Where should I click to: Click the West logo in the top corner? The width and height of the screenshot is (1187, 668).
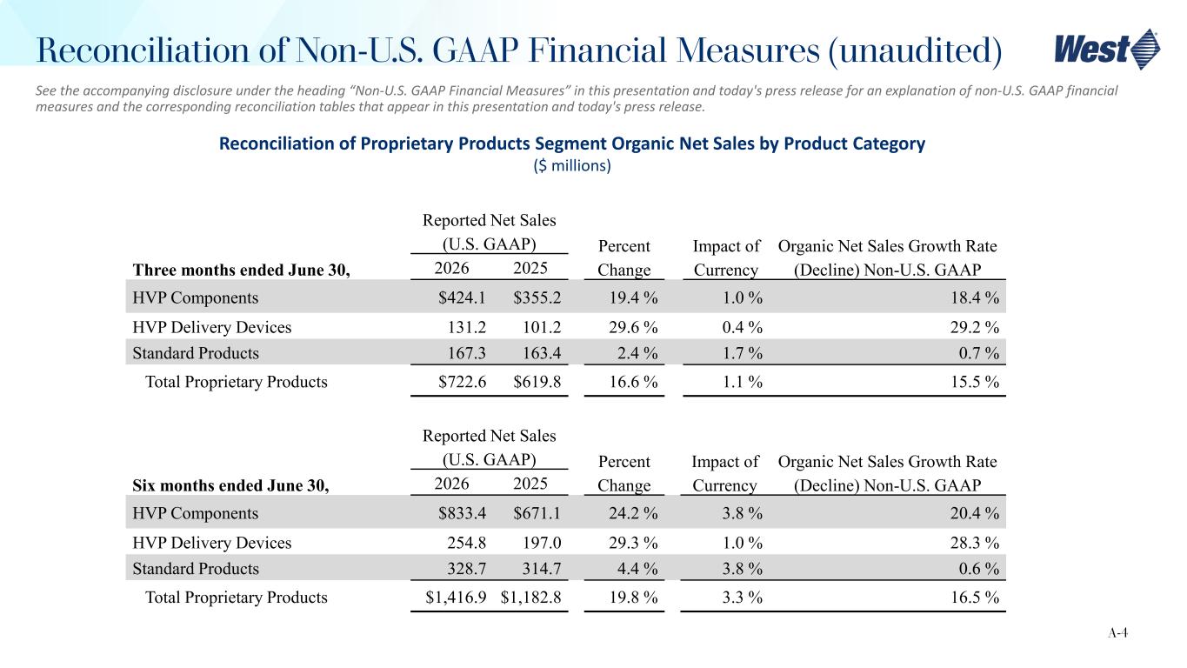click(x=1107, y=50)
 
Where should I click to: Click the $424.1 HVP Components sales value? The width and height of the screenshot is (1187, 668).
click(x=462, y=298)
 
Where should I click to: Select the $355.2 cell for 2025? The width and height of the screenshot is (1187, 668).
click(x=537, y=298)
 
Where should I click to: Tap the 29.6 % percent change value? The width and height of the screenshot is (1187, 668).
click(x=633, y=327)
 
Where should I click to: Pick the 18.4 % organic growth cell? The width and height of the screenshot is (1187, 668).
click(x=975, y=298)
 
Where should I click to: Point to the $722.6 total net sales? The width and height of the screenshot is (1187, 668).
click(x=462, y=382)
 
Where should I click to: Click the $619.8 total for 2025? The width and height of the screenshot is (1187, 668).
click(x=537, y=382)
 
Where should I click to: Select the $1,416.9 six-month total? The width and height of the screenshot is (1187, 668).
click(x=456, y=598)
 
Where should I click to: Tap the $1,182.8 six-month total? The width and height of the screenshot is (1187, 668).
click(x=531, y=598)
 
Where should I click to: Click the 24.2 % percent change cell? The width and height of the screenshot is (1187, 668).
click(x=633, y=513)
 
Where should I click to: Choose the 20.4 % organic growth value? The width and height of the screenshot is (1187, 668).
click(x=975, y=513)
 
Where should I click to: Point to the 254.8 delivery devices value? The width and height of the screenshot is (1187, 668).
click(x=466, y=543)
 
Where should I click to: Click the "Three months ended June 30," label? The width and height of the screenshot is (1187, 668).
click(x=241, y=271)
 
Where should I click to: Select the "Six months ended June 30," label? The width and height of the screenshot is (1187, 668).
click(x=230, y=485)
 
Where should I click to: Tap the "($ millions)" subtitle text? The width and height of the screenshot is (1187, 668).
click(x=572, y=166)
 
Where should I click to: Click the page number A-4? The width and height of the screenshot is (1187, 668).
click(x=1117, y=632)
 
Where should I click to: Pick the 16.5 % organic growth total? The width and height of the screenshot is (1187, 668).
click(x=975, y=598)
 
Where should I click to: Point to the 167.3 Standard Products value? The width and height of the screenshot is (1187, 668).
click(x=466, y=353)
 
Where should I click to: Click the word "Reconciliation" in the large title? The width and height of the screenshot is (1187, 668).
click(x=143, y=50)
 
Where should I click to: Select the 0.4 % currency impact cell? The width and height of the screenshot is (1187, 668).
click(x=743, y=327)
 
